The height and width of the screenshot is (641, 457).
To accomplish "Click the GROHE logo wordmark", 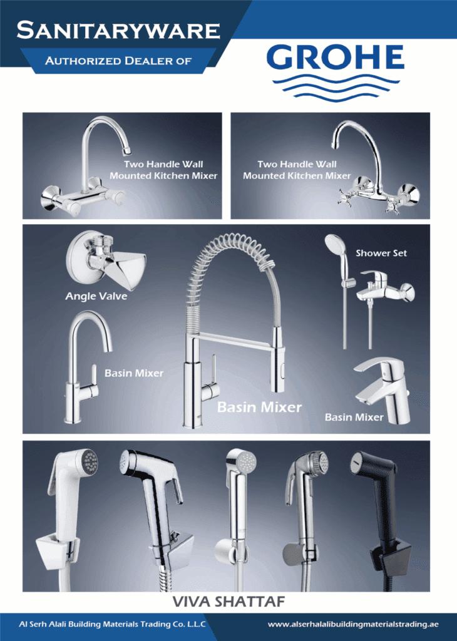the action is (335, 57).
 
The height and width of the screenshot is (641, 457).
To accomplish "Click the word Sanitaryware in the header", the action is (118, 30).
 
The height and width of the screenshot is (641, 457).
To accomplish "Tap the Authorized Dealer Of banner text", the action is (118, 61).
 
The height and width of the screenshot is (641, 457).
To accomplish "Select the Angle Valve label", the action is (96, 296).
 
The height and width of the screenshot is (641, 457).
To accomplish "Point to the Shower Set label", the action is (381, 253).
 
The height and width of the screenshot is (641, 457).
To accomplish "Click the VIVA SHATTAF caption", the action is (228, 602).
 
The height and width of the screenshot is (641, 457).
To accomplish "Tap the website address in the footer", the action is (353, 624).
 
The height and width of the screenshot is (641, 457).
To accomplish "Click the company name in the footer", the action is (113, 624).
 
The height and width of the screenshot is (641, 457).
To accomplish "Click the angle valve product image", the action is (105, 259).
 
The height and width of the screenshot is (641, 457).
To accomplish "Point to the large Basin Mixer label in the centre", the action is (259, 407).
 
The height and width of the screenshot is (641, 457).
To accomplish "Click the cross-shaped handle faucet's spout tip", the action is (336, 145).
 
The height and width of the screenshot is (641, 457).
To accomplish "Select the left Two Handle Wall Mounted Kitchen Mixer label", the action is (163, 170).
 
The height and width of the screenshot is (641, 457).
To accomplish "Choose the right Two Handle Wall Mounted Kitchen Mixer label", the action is (297, 170).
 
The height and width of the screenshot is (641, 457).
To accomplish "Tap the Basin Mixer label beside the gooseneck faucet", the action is (134, 373).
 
